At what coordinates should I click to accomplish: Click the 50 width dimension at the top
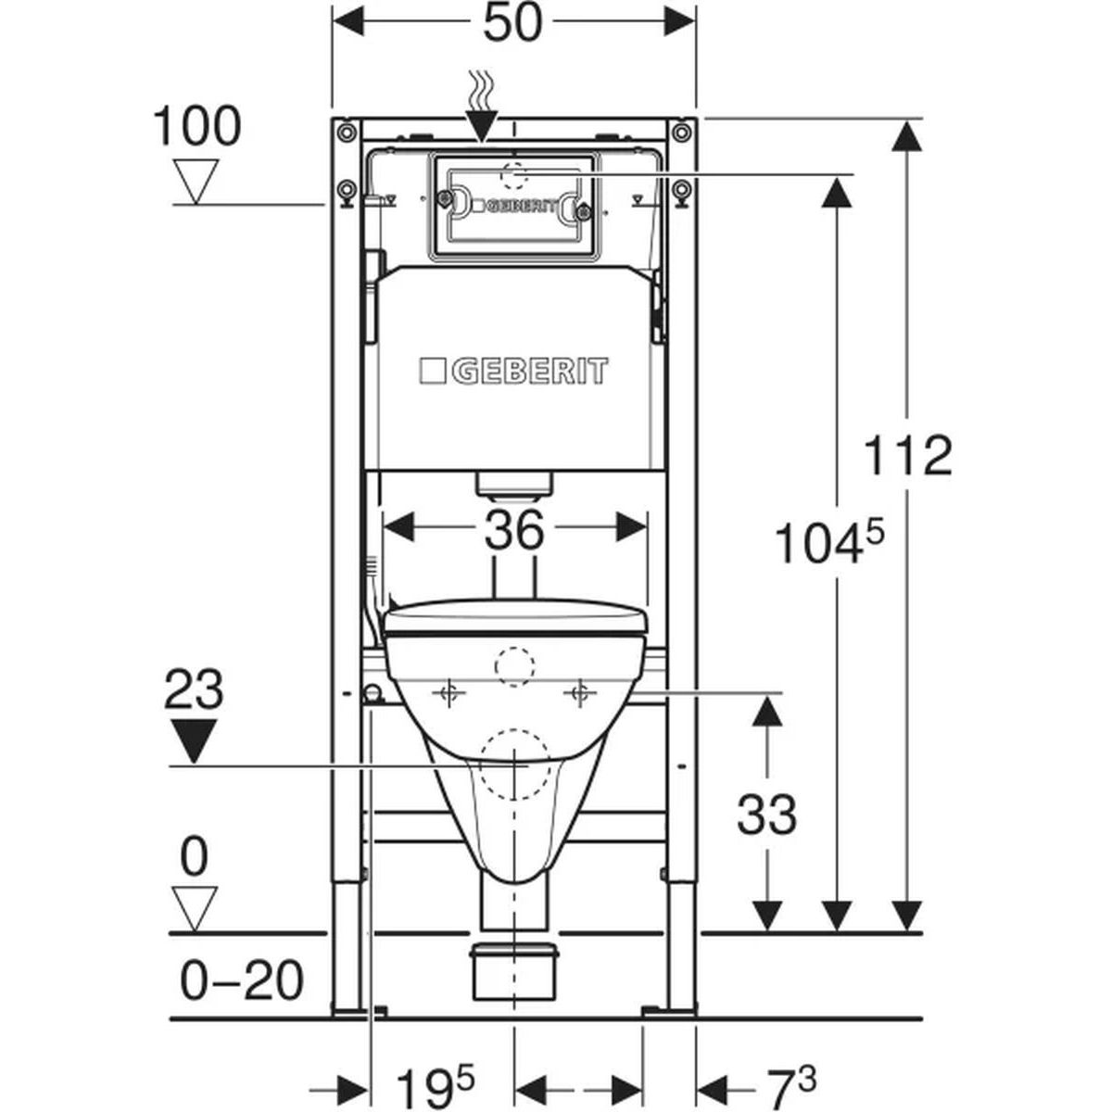(513, 23)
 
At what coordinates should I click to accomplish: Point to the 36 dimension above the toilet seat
(514, 529)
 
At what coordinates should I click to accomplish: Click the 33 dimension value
(766, 815)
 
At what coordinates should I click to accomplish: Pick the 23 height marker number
(194, 689)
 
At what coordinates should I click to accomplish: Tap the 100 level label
(196, 126)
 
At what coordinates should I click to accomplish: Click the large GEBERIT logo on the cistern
(513, 371)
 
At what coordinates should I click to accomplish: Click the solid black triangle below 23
(194, 741)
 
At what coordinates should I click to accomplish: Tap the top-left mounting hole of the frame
(345, 133)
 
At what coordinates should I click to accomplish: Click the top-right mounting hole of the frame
(681, 133)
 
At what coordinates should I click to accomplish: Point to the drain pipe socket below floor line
(514, 979)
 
